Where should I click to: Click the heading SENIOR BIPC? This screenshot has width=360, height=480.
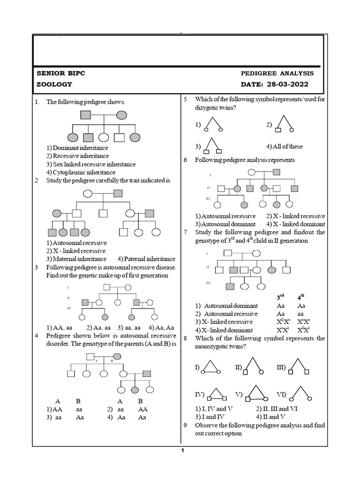pyautogui.click(x=61, y=74)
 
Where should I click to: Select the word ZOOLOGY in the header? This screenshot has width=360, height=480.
pyautogui.click(x=54, y=84)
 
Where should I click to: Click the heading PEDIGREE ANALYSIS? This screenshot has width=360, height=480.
pyautogui.click(x=277, y=74)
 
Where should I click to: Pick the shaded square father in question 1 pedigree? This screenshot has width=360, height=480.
pyautogui.click(x=85, y=114)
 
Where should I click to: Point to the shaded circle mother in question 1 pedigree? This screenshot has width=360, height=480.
pyautogui.click(x=121, y=114)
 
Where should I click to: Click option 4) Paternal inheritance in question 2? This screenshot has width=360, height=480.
pyautogui.click(x=146, y=259)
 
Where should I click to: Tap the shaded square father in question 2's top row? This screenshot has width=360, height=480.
pyautogui.click(x=118, y=193)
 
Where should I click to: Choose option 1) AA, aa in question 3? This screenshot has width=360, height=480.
pyautogui.click(x=62, y=328)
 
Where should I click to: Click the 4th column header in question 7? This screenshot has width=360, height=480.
pyautogui.click(x=300, y=297)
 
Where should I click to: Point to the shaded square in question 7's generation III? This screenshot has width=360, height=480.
pyautogui.click(x=230, y=286)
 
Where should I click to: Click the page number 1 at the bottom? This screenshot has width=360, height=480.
pyautogui.click(x=183, y=451)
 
